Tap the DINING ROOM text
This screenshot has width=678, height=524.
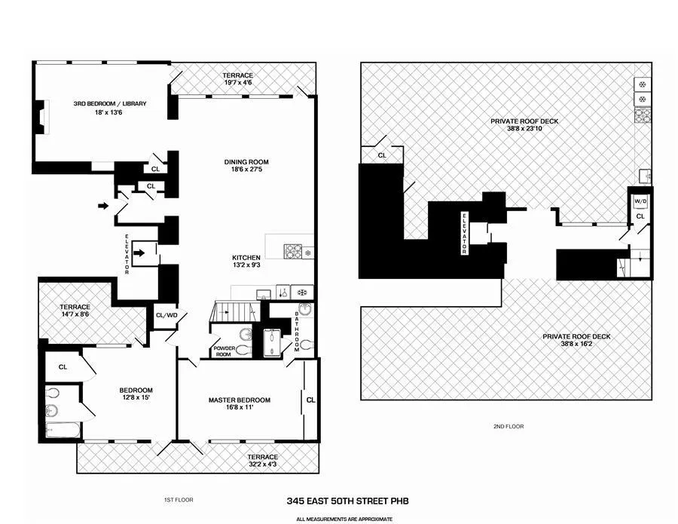(246, 162)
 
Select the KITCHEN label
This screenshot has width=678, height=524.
(246, 258)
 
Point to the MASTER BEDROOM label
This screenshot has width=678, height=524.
(239, 400)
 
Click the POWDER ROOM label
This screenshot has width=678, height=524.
(224, 350)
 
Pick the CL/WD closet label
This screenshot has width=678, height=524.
(165, 315)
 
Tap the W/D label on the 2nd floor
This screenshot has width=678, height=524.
(640, 201)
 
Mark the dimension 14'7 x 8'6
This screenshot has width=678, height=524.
(75, 316)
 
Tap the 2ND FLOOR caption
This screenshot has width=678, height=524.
(510, 427)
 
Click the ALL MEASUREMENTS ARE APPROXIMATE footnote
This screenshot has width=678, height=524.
(344, 519)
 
